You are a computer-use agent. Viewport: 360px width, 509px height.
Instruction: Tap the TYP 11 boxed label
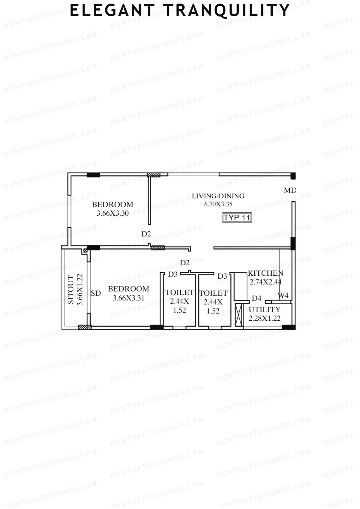click(x=237, y=217)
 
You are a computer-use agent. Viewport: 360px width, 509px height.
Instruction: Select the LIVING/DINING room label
click(x=218, y=196)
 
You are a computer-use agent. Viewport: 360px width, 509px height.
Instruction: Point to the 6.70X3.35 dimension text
click(x=218, y=204)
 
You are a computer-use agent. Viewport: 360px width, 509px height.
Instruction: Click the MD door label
click(x=289, y=190)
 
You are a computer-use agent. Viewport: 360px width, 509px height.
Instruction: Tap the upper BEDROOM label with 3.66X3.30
click(x=112, y=205)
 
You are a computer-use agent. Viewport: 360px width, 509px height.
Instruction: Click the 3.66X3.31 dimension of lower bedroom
click(x=128, y=298)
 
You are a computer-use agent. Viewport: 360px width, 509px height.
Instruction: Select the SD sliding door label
click(x=96, y=293)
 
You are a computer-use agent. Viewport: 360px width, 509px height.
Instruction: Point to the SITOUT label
click(x=71, y=290)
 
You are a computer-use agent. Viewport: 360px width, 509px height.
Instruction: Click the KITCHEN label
click(x=265, y=273)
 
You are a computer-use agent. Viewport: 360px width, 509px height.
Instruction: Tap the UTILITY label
click(x=264, y=310)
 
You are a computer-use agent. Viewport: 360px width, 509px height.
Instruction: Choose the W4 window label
click(x=283, y=295)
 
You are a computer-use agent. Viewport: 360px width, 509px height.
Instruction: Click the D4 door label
click(x=256, y=298)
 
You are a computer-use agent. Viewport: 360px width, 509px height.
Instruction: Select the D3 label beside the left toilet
click(x=173, y=274)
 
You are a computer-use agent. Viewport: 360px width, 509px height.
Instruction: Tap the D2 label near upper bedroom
click(x=146, y=234)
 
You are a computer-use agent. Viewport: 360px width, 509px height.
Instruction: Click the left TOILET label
click(x=179, y=292)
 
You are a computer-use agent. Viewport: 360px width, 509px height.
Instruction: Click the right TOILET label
click(x=213, y=293)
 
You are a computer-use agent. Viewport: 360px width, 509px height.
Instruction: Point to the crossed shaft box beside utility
click(x=238, y=315)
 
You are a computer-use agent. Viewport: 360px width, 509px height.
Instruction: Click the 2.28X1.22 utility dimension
click(x=264, y=318)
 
